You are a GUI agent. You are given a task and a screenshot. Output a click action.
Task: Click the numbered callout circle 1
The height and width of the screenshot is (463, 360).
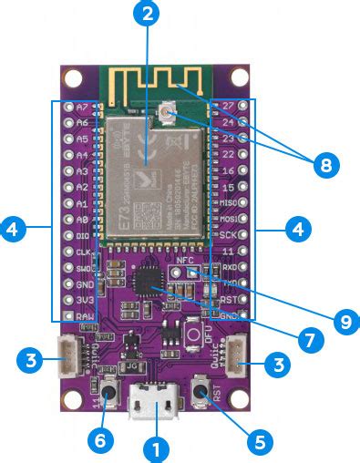pos(155,448)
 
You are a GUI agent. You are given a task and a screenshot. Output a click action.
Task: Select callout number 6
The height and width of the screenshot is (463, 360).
pos(101,440)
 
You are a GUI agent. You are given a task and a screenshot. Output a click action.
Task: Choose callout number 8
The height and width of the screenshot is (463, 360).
pos(324,164)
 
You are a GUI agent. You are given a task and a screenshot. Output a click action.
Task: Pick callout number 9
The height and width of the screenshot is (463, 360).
pos(345,320)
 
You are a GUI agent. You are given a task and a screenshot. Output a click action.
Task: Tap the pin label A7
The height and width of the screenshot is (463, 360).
pos(81,107)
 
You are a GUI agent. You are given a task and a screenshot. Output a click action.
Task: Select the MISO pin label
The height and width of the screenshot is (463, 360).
pos(229,202)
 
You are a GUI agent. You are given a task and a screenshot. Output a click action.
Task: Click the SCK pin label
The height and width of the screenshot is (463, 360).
pos(229,234)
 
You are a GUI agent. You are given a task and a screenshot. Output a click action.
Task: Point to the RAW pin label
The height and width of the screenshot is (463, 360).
pos(84,315)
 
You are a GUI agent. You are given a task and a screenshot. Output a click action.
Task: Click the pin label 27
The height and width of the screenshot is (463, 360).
pos(229,106)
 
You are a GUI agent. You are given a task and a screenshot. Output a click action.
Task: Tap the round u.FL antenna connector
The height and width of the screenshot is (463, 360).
pos(168,111)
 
